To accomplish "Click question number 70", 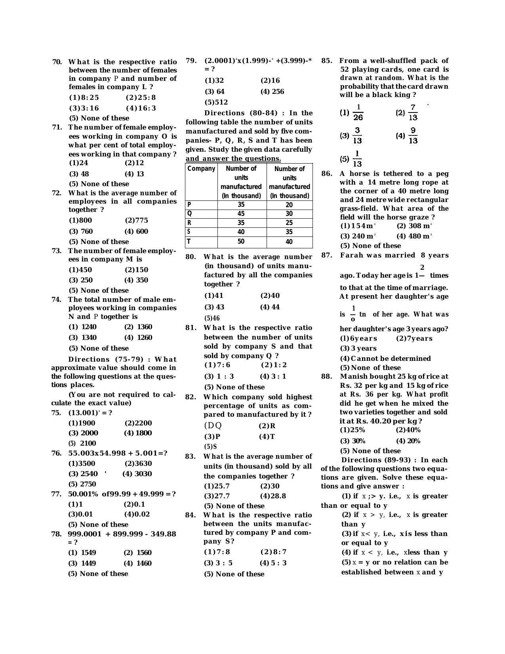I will tap(57, 62).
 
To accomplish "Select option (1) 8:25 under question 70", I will tap(84, 97).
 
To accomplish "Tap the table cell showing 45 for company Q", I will tap(241, 214).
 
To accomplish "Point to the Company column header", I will tap(201, 169).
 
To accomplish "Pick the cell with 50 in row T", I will tap(241, 242).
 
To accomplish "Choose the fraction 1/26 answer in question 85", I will tap(352, 112).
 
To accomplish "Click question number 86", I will tap(327, 174).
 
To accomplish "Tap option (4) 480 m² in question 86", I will tap(414, 236).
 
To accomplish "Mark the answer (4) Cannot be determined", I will tap(385, 358).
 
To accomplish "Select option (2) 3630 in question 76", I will tap(138, 463).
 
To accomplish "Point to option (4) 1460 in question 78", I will tap(137, 563).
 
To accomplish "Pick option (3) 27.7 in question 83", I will tap(217, 496).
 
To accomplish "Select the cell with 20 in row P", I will tap(289, 205).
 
